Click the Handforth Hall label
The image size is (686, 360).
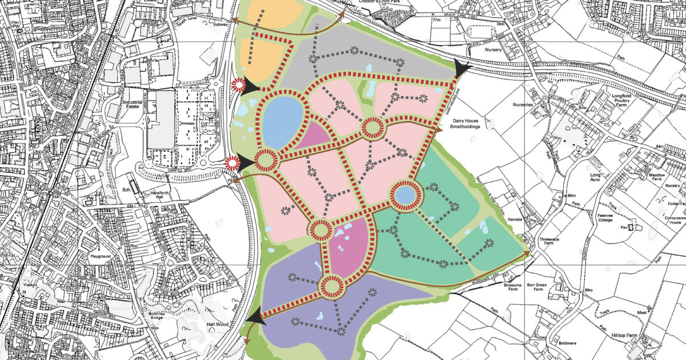[x=156, y=195]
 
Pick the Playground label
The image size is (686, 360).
[x=101, y=257]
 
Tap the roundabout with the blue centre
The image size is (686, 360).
[x=405, y=195]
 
